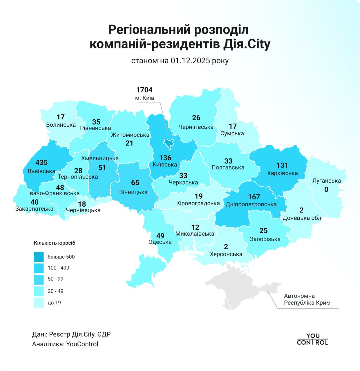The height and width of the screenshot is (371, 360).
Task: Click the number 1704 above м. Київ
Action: (144, 90)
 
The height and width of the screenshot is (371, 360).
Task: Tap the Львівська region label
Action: (41, 171)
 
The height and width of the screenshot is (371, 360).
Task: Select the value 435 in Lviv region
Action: (41, 163)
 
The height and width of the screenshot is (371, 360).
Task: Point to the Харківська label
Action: (282, 173)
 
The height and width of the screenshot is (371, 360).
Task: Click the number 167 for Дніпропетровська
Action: (254, 197)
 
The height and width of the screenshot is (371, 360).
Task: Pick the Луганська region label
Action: (326, 181)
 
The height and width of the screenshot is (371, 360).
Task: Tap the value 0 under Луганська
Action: (326, 190)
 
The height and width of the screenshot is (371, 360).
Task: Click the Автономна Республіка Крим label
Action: (307, 299)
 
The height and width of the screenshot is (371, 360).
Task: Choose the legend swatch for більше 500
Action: (39, 257)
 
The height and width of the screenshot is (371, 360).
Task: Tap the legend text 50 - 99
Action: (55, 279)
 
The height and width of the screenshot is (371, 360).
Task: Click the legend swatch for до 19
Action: (39, 303)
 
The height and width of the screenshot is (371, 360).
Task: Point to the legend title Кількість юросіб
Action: (55, 243)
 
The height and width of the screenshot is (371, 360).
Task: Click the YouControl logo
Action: (312, 339)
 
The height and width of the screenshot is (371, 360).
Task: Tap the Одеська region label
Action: (160, 242)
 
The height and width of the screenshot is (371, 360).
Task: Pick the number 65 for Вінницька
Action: (135, 183)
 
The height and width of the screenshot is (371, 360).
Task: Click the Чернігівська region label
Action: (196, 127)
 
